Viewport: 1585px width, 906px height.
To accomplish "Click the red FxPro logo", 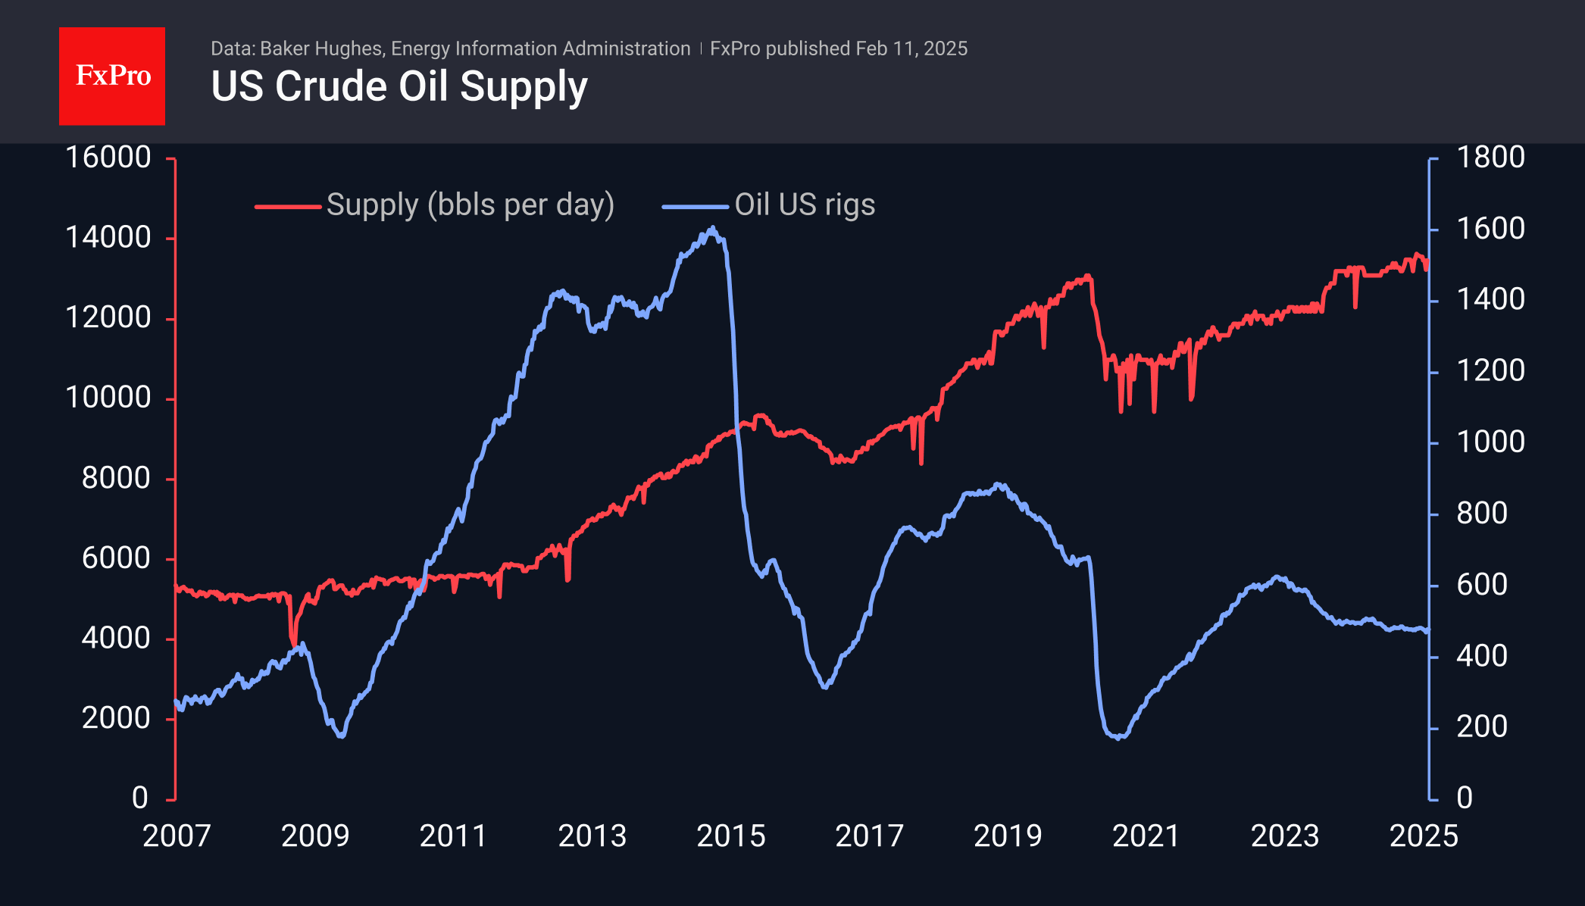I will click(112, 76).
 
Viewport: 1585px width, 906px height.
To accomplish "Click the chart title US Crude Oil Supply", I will click(399, 86).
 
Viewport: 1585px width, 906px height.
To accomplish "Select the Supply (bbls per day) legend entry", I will click(470, 205).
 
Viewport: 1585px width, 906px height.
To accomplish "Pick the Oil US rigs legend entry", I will click(805, 205).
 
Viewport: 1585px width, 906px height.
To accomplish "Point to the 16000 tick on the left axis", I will click(108, 158).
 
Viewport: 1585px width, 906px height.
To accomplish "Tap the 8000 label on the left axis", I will click(116, 478).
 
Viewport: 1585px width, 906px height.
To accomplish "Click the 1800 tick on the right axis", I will click(1490, 158).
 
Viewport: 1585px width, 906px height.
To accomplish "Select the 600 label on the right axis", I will click(1482, 585).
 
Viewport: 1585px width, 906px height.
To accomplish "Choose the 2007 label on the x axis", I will click(177, 836).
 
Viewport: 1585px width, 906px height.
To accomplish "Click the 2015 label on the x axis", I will click(730, 836).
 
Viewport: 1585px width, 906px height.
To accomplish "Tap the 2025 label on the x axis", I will click(1423, 836).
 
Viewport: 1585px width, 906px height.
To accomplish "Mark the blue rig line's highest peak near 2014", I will click(712, 227).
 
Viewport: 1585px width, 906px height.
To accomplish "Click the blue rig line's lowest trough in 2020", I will click(1119, 737).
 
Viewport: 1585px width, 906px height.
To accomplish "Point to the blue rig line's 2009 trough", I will click(342, 736).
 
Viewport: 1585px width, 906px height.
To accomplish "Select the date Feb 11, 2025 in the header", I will click(911, 49).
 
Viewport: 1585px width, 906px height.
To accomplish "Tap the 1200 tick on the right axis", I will click(1490, 371).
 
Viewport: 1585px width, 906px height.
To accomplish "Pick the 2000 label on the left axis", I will click(116, 718).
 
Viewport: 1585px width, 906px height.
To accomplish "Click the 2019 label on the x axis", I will click(1008, 836).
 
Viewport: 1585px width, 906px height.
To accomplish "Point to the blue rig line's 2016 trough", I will click(825, 686).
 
